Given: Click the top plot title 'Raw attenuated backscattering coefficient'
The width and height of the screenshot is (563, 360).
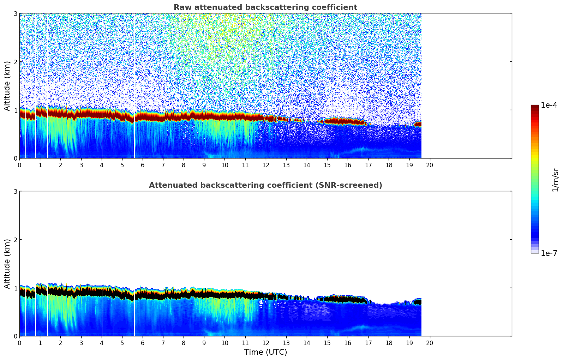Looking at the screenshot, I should click(265, 7).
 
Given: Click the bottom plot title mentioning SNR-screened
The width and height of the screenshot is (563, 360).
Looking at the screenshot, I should click(265, 185).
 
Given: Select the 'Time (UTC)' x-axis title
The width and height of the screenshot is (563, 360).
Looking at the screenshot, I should click(265, 352).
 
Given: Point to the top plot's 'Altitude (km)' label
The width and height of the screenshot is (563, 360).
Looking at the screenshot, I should click(7, 86).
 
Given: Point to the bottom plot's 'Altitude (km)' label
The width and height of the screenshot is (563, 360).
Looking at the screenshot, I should click(7, 264).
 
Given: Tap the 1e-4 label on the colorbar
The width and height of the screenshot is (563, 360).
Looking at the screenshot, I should click(549, 105).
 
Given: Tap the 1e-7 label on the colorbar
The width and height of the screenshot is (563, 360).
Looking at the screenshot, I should click(549, 253).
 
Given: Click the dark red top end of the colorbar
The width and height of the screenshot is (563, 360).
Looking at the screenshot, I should click(535, 107).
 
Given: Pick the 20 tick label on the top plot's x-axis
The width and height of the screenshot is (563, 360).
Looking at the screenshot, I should click(430, 165).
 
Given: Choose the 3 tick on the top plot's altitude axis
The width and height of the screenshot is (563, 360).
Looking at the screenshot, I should click(16, 13).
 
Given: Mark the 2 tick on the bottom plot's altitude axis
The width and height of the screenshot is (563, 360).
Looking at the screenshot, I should click(16, 240).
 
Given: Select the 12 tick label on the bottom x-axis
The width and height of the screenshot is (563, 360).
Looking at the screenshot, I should click(265, 343).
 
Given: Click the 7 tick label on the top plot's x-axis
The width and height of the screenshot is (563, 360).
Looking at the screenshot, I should click(163, 165).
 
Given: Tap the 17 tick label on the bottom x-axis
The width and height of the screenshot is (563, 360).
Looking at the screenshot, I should click(368, 343).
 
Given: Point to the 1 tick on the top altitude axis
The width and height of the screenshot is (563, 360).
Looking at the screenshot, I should click(16, 110).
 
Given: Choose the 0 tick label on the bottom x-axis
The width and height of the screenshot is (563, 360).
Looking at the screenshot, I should click(19, 343).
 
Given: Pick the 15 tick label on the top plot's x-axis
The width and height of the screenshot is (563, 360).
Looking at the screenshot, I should click(327, 165).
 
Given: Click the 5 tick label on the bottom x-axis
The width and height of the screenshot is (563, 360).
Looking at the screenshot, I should click(122, 343).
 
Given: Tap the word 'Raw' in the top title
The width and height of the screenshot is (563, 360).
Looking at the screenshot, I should click(181, 7).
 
